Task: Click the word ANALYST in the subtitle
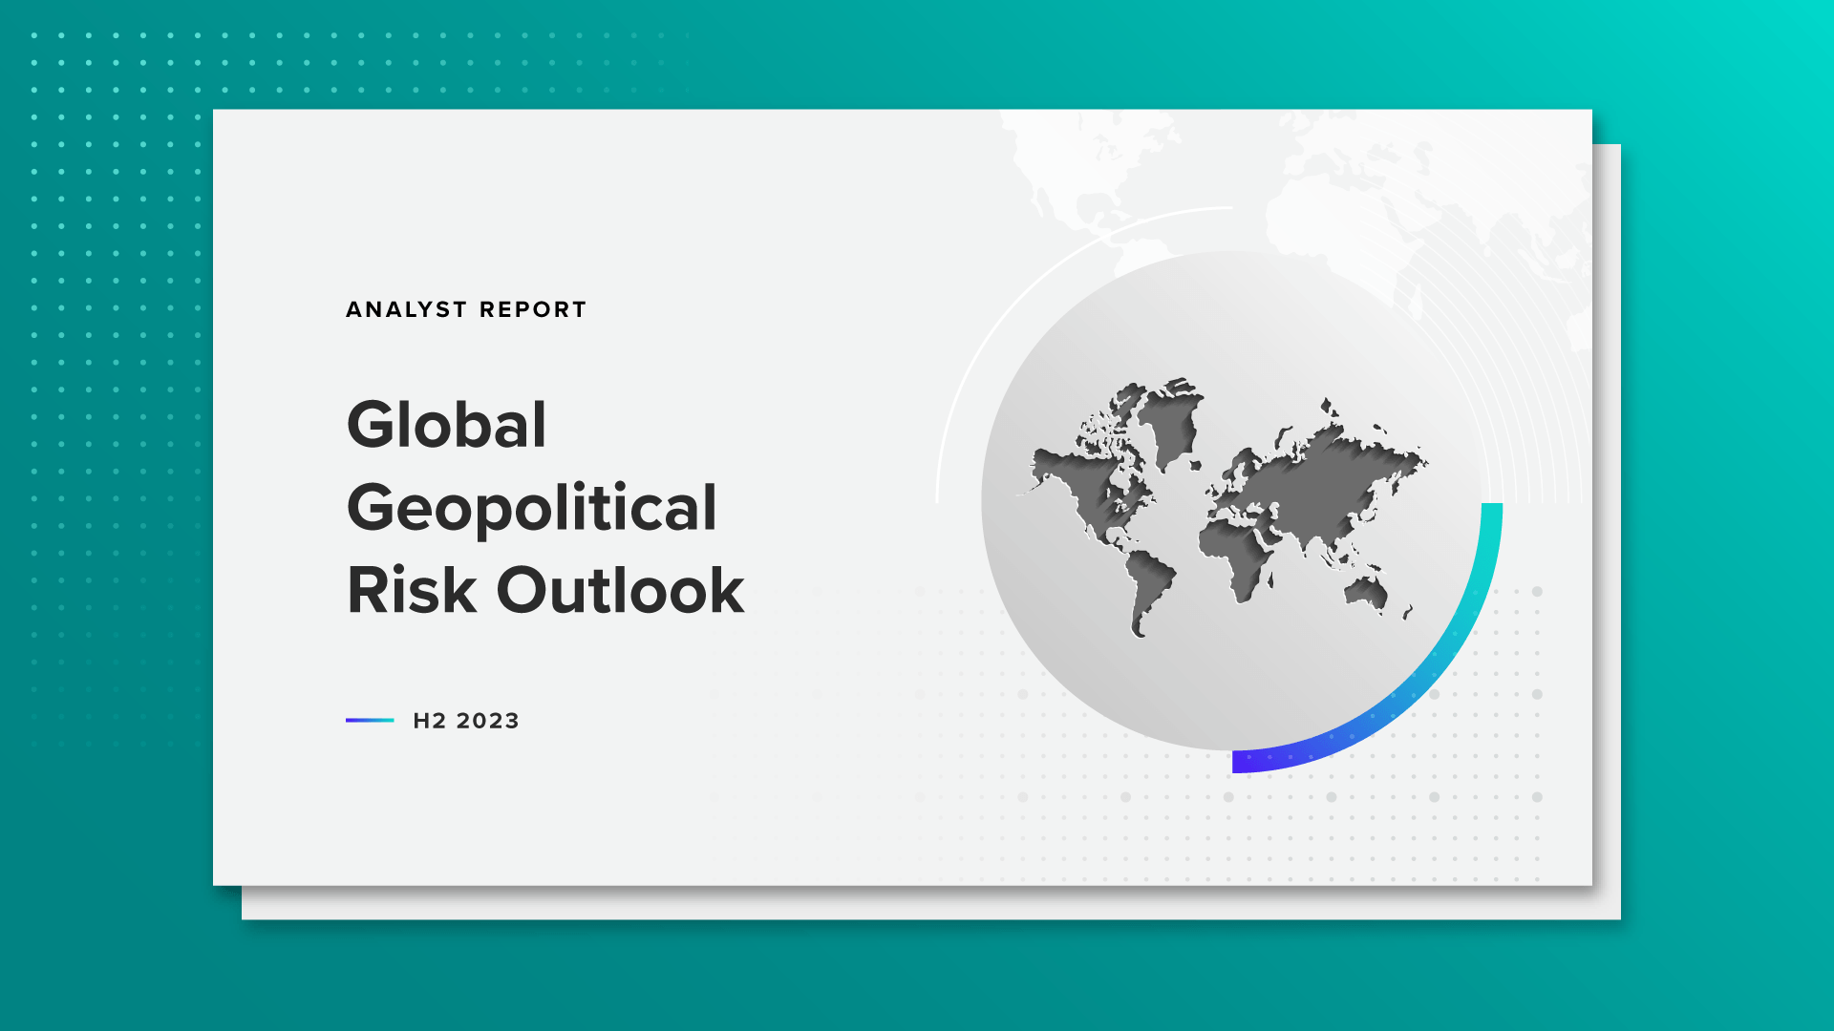(x=407, y=309)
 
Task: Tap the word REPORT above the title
(x=533, y=309)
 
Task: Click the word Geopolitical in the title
(x=531, y=507)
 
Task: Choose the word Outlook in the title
(x=620, y=590)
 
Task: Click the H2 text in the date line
(x=429, y=721)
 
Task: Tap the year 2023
(x=487, y=721)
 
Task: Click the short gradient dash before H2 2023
(x=370, y=720)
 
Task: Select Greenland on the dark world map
(x=1170, y=420)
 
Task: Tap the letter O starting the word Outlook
(x=524, y=590)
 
